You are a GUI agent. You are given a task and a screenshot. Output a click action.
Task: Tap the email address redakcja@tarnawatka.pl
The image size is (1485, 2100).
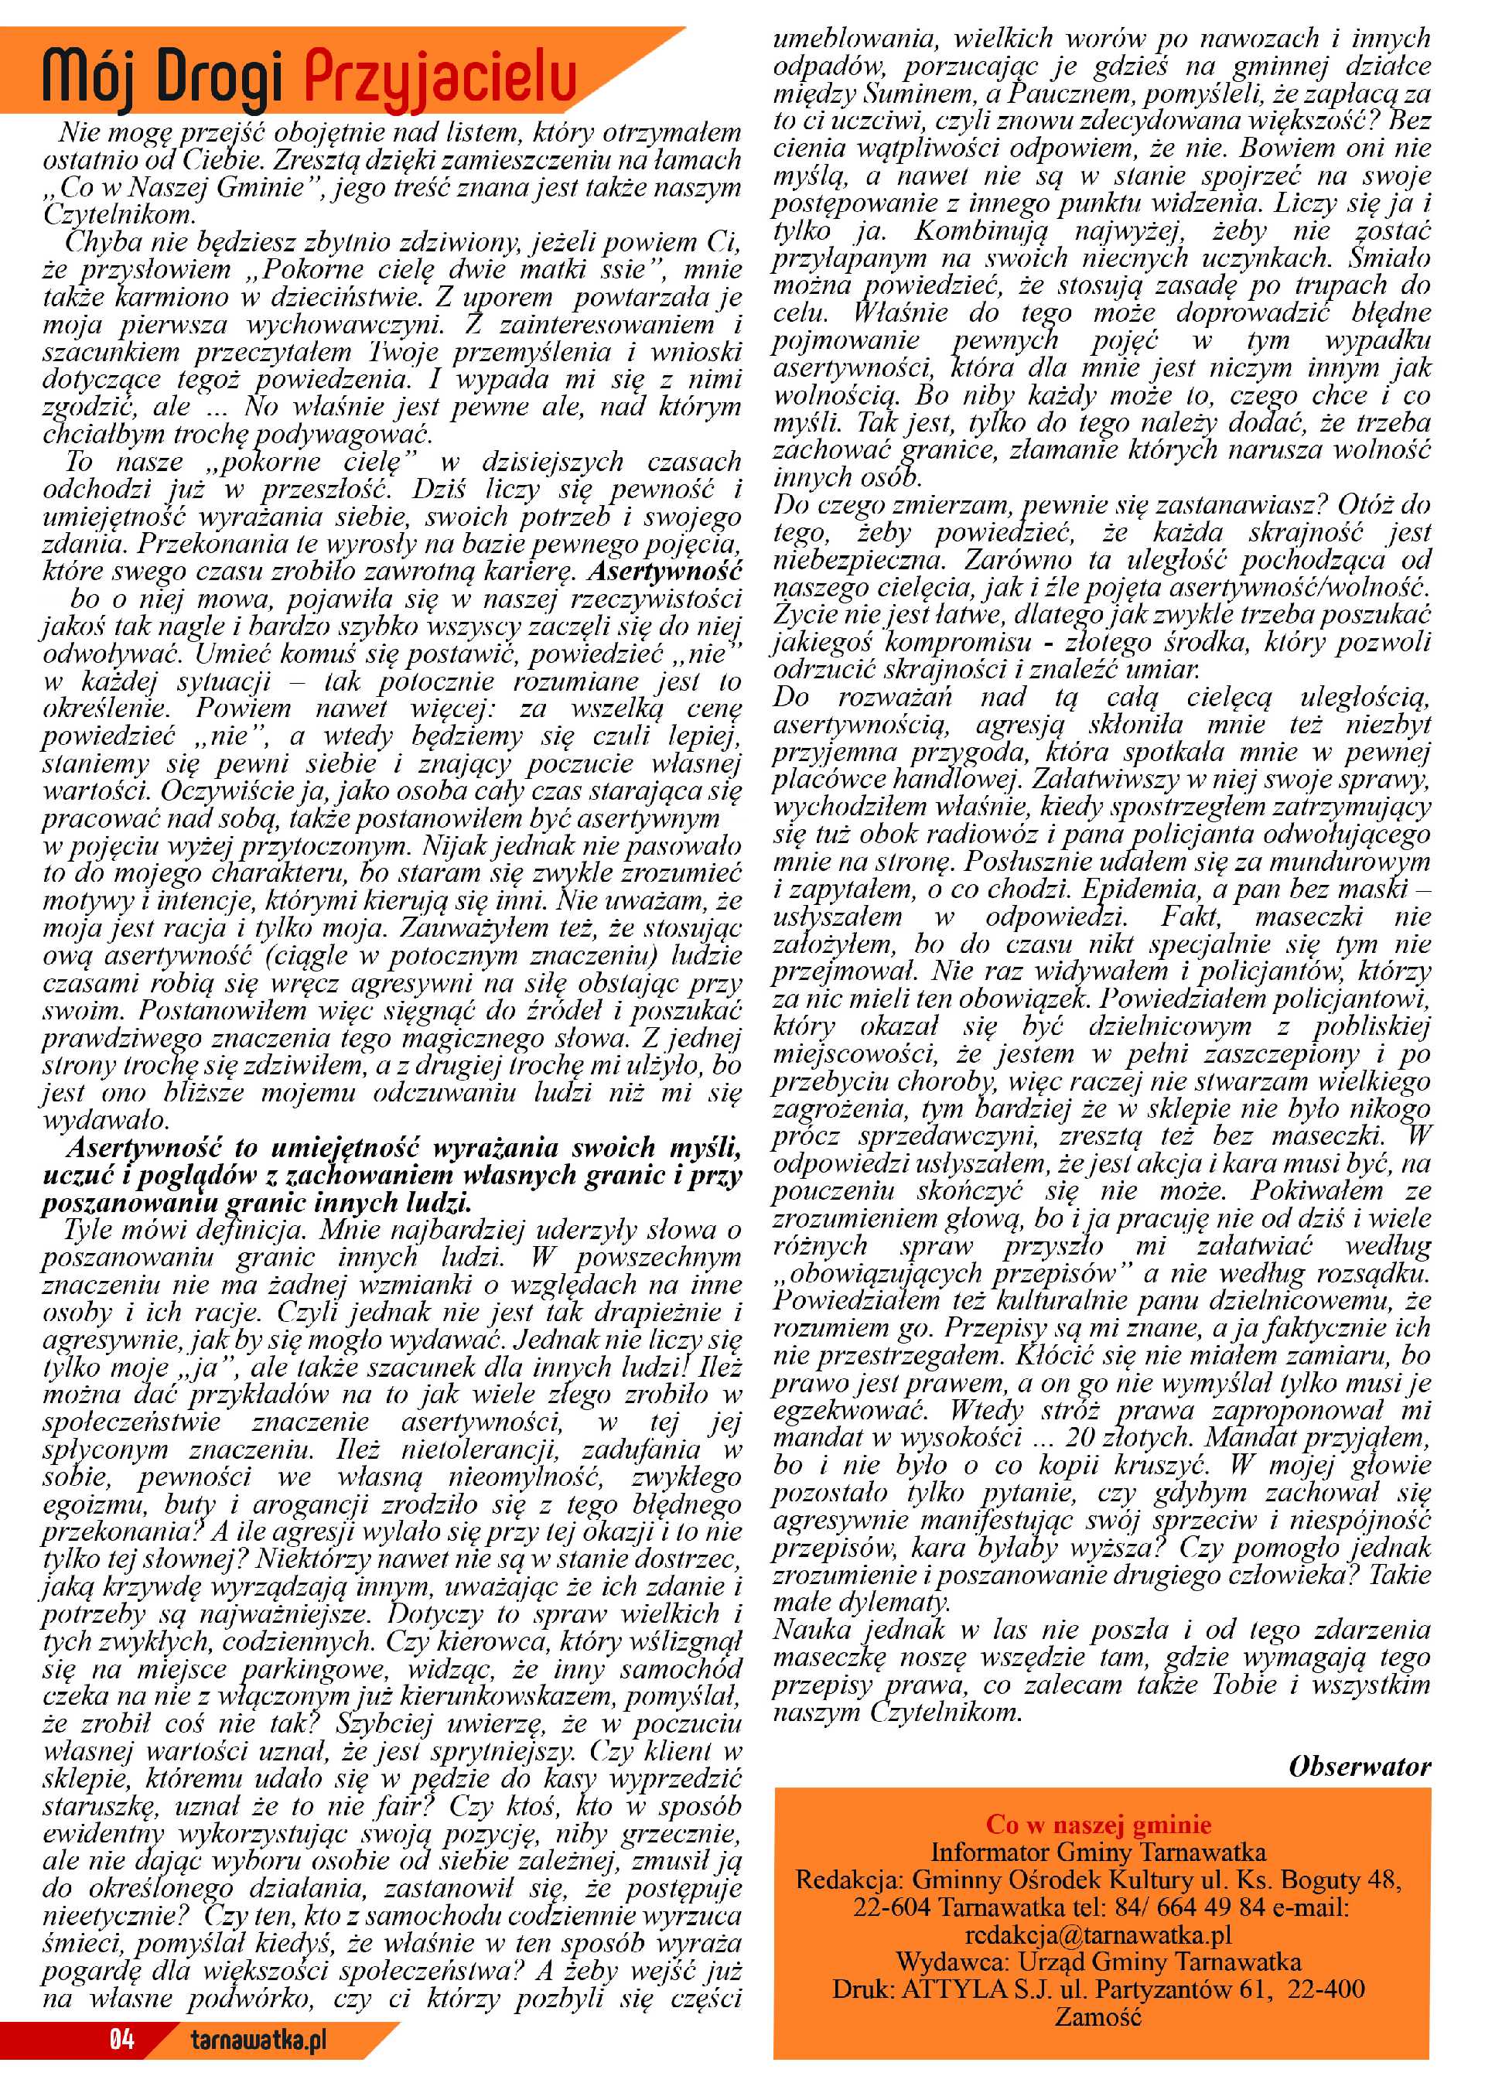[x=1098, y=1934]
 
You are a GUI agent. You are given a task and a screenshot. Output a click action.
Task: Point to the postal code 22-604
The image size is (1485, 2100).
[x=892, y=1907]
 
